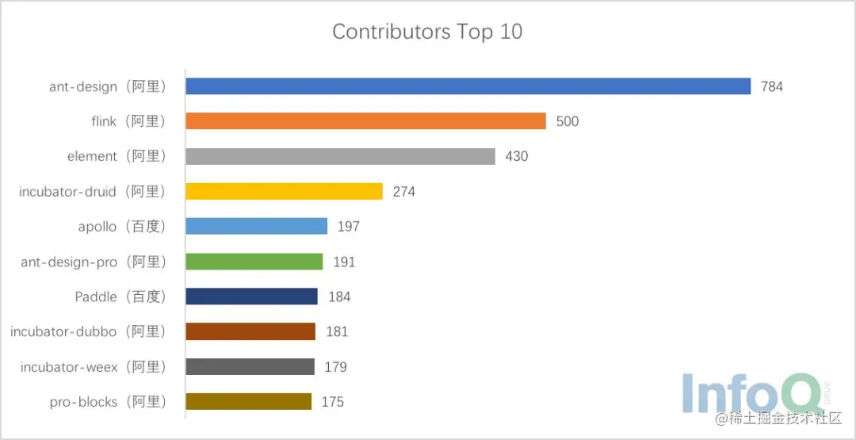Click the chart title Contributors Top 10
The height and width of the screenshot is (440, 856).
(427, 33)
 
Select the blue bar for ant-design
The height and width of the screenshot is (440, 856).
(468, 86)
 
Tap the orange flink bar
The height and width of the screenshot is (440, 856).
(365, 121)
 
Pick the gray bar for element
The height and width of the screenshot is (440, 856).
(340, 156)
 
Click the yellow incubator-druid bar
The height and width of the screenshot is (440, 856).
(284, 191)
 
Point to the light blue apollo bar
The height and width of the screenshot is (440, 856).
(256, 226)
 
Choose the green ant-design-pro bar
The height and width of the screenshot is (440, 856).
(254, 262)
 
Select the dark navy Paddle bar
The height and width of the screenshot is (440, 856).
(251, 297)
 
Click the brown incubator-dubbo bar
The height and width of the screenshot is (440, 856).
(250, 331)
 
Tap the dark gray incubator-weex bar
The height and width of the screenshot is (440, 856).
(250, 366)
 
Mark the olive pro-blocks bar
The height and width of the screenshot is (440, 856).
(248, 401)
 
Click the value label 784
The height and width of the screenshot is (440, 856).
(771, 86)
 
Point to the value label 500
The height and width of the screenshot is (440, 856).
(567, 121)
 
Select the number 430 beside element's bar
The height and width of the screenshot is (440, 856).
(516, 156)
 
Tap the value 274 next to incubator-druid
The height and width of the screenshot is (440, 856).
(403, 191)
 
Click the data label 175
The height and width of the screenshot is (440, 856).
(332, 402)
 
